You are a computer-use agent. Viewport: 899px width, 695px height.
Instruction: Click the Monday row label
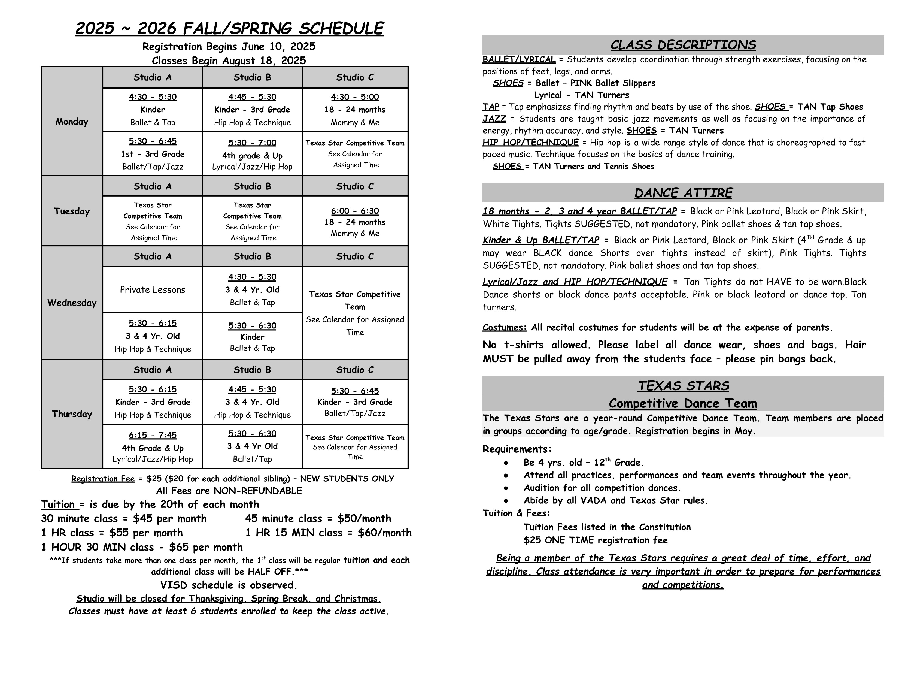tap(72, 122)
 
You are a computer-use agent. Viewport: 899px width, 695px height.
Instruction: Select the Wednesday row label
tap(72, 303)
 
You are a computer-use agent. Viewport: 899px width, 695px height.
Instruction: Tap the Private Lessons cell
tap(152, 289)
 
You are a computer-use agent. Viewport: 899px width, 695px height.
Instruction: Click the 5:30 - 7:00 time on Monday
tap(252, 143)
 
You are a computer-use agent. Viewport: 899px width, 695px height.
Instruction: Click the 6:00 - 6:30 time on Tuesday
tap(355, 211)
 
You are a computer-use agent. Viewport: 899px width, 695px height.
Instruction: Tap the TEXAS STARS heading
tap(683, 386)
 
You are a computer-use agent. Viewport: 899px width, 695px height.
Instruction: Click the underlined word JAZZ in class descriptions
tap(494, 119)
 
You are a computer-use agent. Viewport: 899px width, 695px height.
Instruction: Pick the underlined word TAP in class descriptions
tap(490, 107)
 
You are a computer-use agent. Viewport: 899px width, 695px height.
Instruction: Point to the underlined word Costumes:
tap(504, 327)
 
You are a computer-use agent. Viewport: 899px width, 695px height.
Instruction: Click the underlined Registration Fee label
tap(103, 478)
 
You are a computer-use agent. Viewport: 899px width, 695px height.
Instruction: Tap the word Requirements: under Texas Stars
tap(517, 449)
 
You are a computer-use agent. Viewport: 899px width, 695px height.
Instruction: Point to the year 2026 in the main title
tap(157, 28)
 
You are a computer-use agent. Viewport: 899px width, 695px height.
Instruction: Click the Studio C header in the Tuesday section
tap(355, 186)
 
